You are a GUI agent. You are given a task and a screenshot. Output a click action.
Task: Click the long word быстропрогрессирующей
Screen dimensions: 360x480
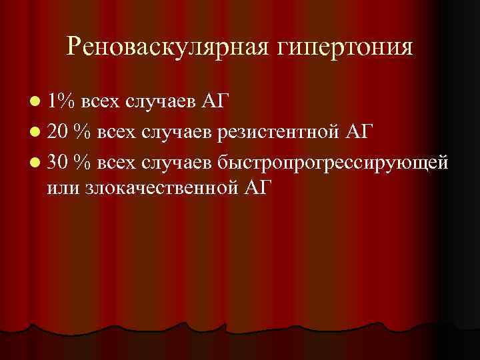(x=327, y=162)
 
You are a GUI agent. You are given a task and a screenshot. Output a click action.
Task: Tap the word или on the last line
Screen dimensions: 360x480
(x=65, y=187)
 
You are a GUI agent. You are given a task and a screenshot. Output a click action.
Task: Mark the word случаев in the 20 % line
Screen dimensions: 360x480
(x=175, y=131)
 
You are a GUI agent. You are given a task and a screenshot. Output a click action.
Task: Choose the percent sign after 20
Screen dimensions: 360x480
(x=83, y=131)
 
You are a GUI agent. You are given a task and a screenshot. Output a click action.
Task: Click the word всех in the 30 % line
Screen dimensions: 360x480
(x=115, y=161)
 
